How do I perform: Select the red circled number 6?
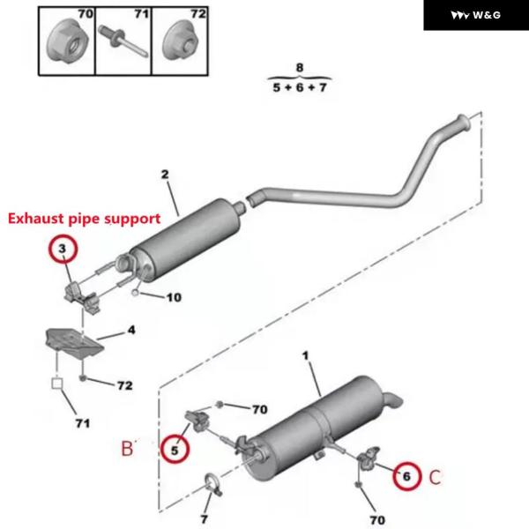[x=406, y=476]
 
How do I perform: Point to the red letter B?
[x=127, y=449]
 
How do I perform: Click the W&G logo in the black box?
[x=475, y=15]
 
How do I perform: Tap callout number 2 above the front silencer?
[x=164, y=175]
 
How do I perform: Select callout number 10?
[x=173, y=297]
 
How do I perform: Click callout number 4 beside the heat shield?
[x=131, y=332]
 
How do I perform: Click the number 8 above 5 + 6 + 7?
[x=299, y=67]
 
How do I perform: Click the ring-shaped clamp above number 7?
[x=212, y=483]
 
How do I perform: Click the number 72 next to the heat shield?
[x=125, y=385]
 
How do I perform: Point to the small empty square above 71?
[x=56, y=384]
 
